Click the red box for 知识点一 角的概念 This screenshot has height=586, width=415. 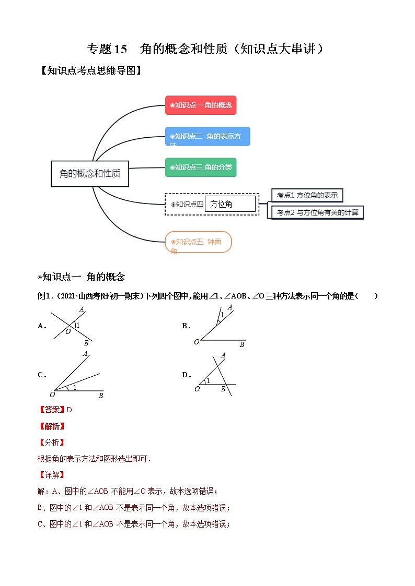click(201, 105)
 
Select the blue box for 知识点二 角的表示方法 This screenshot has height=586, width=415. click(207, 136)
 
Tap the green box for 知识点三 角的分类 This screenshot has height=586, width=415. click(200, 167)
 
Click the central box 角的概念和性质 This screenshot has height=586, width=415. click(90, 173)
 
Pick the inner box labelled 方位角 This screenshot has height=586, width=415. click(230, 204)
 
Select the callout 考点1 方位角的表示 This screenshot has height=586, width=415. click(307, 195)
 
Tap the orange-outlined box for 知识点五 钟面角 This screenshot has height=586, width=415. click(198, 242)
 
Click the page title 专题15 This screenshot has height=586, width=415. click(107, 49)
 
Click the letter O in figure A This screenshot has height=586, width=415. click(68, 331)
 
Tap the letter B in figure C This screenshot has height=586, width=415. click(100, 396)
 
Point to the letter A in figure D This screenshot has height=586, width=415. click(223, 355)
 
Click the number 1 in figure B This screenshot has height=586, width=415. click(222, 315)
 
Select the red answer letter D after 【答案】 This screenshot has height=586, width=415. click(69, 410)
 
